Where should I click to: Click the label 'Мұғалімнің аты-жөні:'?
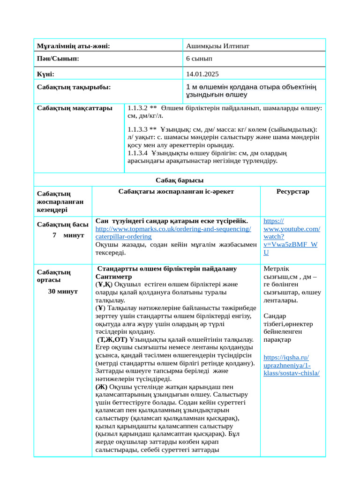74,46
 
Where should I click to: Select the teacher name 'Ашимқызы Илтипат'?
217,46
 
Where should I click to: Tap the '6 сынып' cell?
199,59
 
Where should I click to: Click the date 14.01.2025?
202,74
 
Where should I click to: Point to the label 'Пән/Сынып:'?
58,59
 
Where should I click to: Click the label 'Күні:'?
46,74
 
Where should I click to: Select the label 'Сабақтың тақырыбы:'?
74,87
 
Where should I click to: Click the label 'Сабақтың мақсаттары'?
75,108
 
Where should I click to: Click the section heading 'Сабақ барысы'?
180,180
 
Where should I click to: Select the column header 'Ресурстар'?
292,191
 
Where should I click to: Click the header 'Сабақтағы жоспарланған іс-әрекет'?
176,191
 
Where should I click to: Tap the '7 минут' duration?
68,235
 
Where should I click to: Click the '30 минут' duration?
63,291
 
